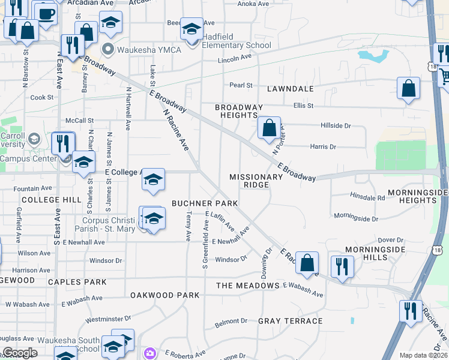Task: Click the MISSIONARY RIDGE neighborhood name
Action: (256, 181)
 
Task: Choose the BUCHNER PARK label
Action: (205, 203)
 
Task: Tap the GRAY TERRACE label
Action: (290, 321)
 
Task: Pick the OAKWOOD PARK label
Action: (164, 295)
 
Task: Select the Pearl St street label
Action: (241, 86)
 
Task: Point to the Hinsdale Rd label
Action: (367, 197)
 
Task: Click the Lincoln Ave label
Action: (235, 59)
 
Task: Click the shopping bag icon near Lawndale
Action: (408, 88)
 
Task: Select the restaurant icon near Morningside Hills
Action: (342, 265)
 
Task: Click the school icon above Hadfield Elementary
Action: (191, 28)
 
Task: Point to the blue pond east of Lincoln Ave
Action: (373, 56)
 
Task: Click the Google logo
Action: (20, 353)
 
